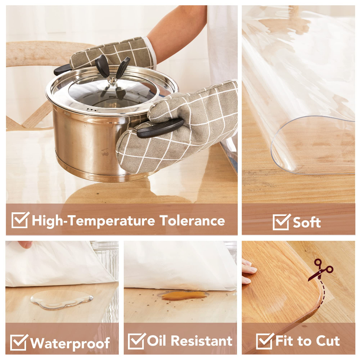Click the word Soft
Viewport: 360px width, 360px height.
click(x=307, y=222)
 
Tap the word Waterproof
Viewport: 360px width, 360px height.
click(x=70, y=343)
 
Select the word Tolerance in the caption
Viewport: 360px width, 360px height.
click(x=192, y=220)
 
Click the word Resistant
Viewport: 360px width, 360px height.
click(x=201, y=340)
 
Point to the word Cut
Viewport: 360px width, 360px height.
click(x=328, y=341)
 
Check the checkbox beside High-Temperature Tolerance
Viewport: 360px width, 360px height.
click(x=20, y=220)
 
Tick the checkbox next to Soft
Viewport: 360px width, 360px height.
click(x=282, y=222)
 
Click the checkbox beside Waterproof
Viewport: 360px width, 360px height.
click(x=19, y=342)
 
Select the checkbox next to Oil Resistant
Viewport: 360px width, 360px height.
click(x=137, y=341)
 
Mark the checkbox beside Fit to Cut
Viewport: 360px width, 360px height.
click(x=265, y=341)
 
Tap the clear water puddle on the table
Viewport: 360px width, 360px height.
click(x=62, y=299)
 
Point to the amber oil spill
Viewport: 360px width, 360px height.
click(x=183, y=295)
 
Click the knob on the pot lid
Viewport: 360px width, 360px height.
click(x=112, y=81)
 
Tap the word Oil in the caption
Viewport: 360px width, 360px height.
click(x=156, y=340)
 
